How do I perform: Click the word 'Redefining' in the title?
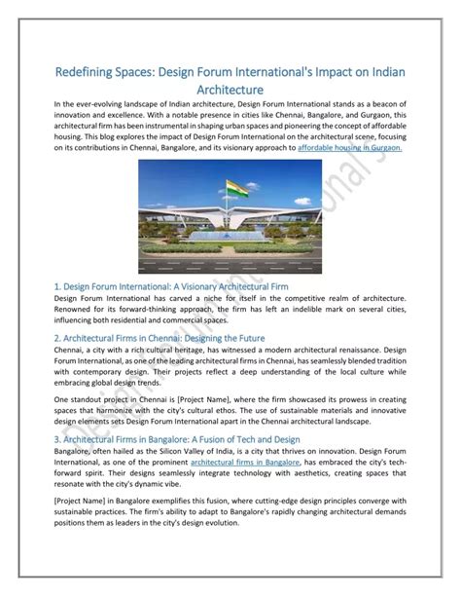[92, 73]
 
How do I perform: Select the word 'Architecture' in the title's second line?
[230, 91]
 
